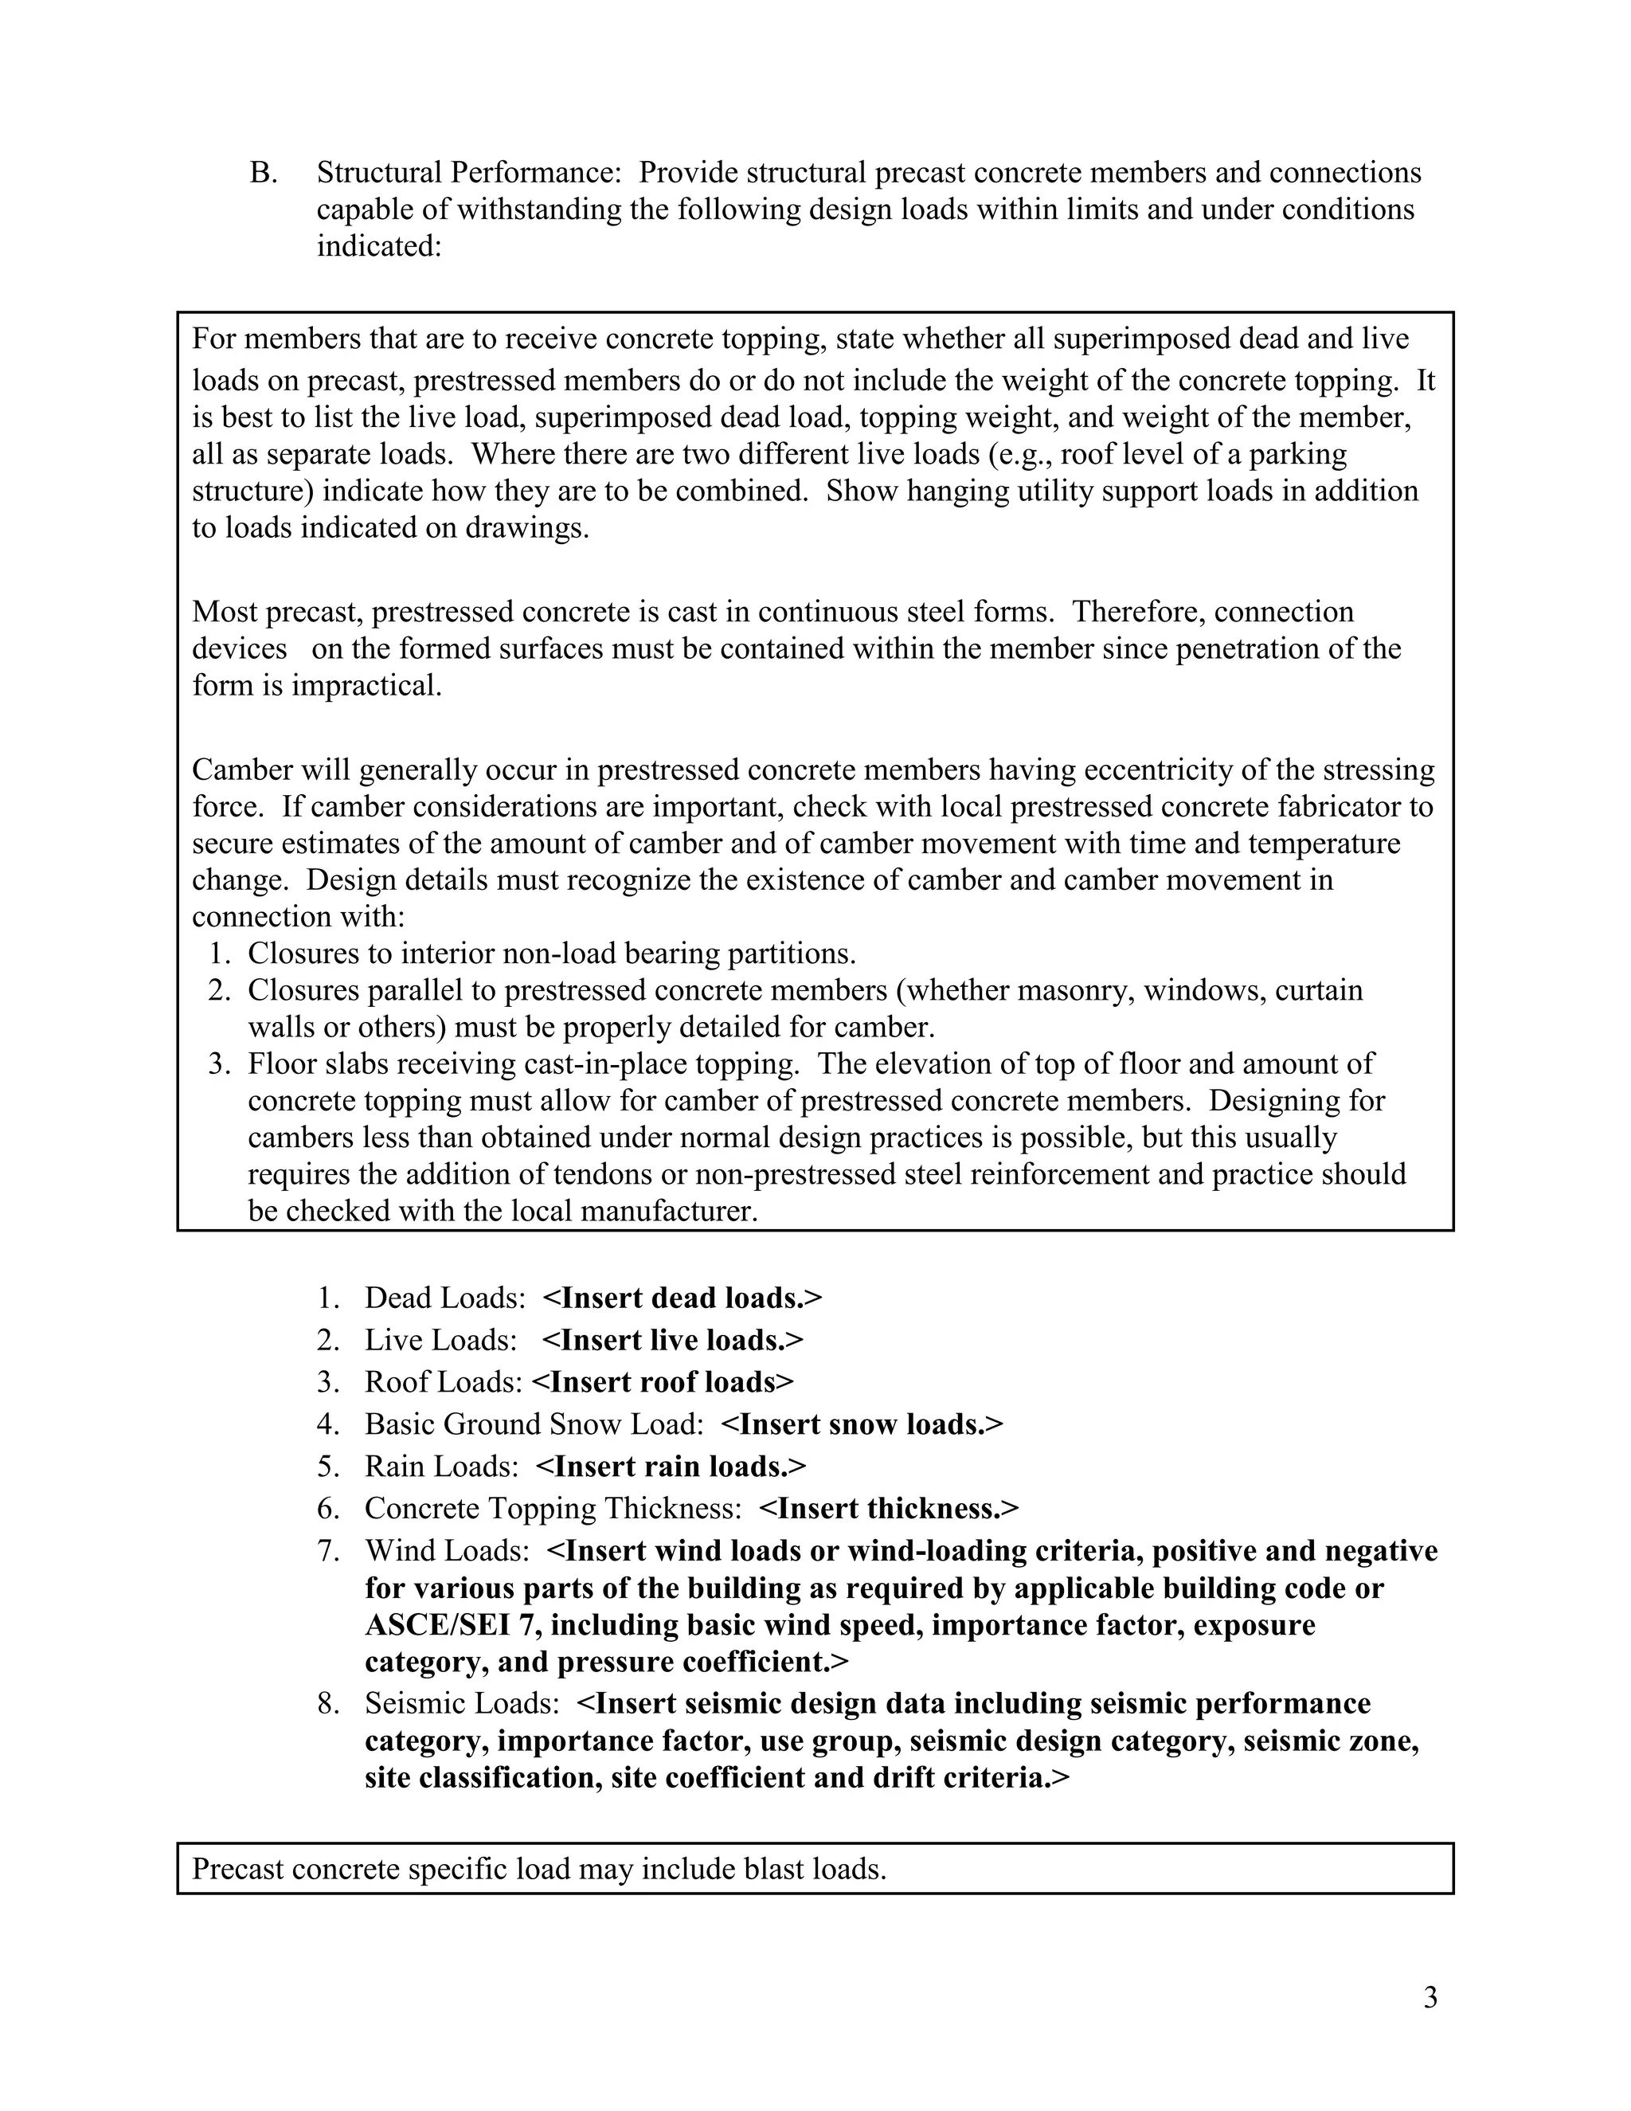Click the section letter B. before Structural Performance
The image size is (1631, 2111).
pyautogui.click(x=263, y=173)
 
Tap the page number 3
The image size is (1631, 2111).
pyautogui.click(x=1430, y=1997)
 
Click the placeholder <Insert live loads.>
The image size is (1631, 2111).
pyautogui.click(x=672, y=1341)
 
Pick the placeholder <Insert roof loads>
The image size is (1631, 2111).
pyautogui.click(x=663, y=1382)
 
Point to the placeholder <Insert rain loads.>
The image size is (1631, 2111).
pyautogui.click(x=671, y=1467)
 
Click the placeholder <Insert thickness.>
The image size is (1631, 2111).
pyautogui.click(x=889, y=1509)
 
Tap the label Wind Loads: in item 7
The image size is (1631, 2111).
pyautogui.click(x=447, y=1551)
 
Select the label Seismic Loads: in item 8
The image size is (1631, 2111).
pyautogui.click(x=462, y=1704)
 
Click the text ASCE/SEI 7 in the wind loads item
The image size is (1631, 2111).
pyautogui.click(x=448, y=1626)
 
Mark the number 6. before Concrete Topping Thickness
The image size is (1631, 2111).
pyautogui.click(x=329, y=1509)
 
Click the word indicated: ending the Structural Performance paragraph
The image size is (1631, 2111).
pyautogui.click(x=379, y=246)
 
